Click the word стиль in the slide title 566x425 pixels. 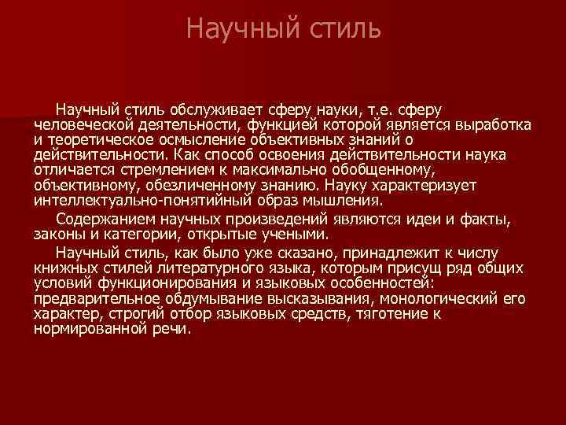point(346,29)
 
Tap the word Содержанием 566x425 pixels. point(100,220)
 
